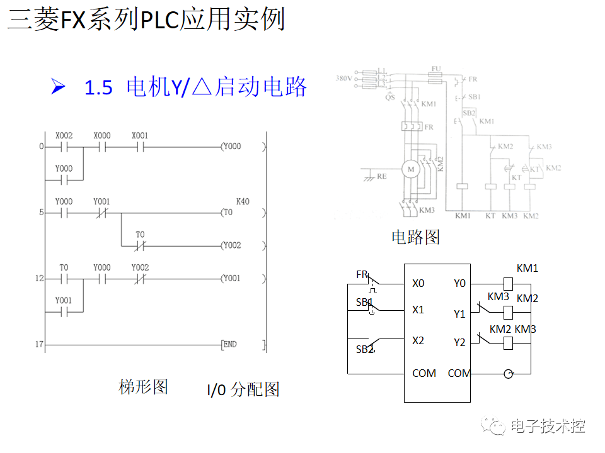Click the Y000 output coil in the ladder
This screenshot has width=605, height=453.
[231, 147]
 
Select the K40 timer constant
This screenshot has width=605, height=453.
[243, 201]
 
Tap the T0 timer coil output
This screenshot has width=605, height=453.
[228, 213]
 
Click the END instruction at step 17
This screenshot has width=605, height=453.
[229, 344]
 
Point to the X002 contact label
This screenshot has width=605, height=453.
[64, 136]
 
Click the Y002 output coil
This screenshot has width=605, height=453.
[231, 245]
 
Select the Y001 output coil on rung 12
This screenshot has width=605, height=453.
[231, 278]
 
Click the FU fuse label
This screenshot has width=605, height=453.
[436, 67]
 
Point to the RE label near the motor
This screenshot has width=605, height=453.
[382, 177]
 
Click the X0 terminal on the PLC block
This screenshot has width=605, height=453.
[418, 284]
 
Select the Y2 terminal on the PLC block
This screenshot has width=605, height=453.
[459, 342]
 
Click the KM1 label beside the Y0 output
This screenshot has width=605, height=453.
[527, 268]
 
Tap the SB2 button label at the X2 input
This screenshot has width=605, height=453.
[365, 349]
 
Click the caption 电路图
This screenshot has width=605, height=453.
[415, 237]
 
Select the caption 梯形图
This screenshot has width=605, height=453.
[144, 386]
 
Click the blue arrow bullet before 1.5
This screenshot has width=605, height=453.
[58, 87]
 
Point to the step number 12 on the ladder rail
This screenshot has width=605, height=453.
[39, 278]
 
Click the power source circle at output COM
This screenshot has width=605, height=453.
[508, 374]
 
